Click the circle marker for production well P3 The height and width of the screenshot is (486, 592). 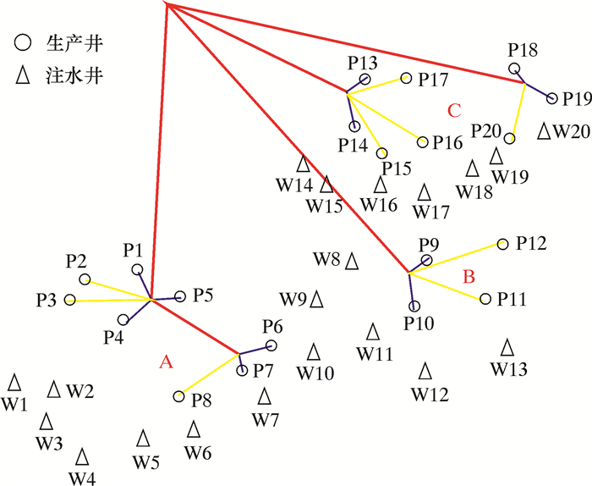69,300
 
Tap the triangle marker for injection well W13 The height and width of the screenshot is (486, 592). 507,347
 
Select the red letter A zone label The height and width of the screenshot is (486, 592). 166,362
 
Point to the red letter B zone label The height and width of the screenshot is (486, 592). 469,276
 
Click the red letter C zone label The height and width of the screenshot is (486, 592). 454,110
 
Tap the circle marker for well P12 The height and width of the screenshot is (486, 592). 503,244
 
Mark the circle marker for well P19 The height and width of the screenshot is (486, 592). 552,98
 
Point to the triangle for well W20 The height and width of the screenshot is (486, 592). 545,130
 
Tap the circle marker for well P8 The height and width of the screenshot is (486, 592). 178,396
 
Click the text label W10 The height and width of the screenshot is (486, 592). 315,373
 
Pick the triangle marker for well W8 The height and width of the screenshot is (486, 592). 352,259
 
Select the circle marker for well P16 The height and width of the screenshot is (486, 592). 423,141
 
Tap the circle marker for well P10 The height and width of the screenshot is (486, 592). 414,307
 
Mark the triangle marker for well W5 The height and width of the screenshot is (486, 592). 143,438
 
